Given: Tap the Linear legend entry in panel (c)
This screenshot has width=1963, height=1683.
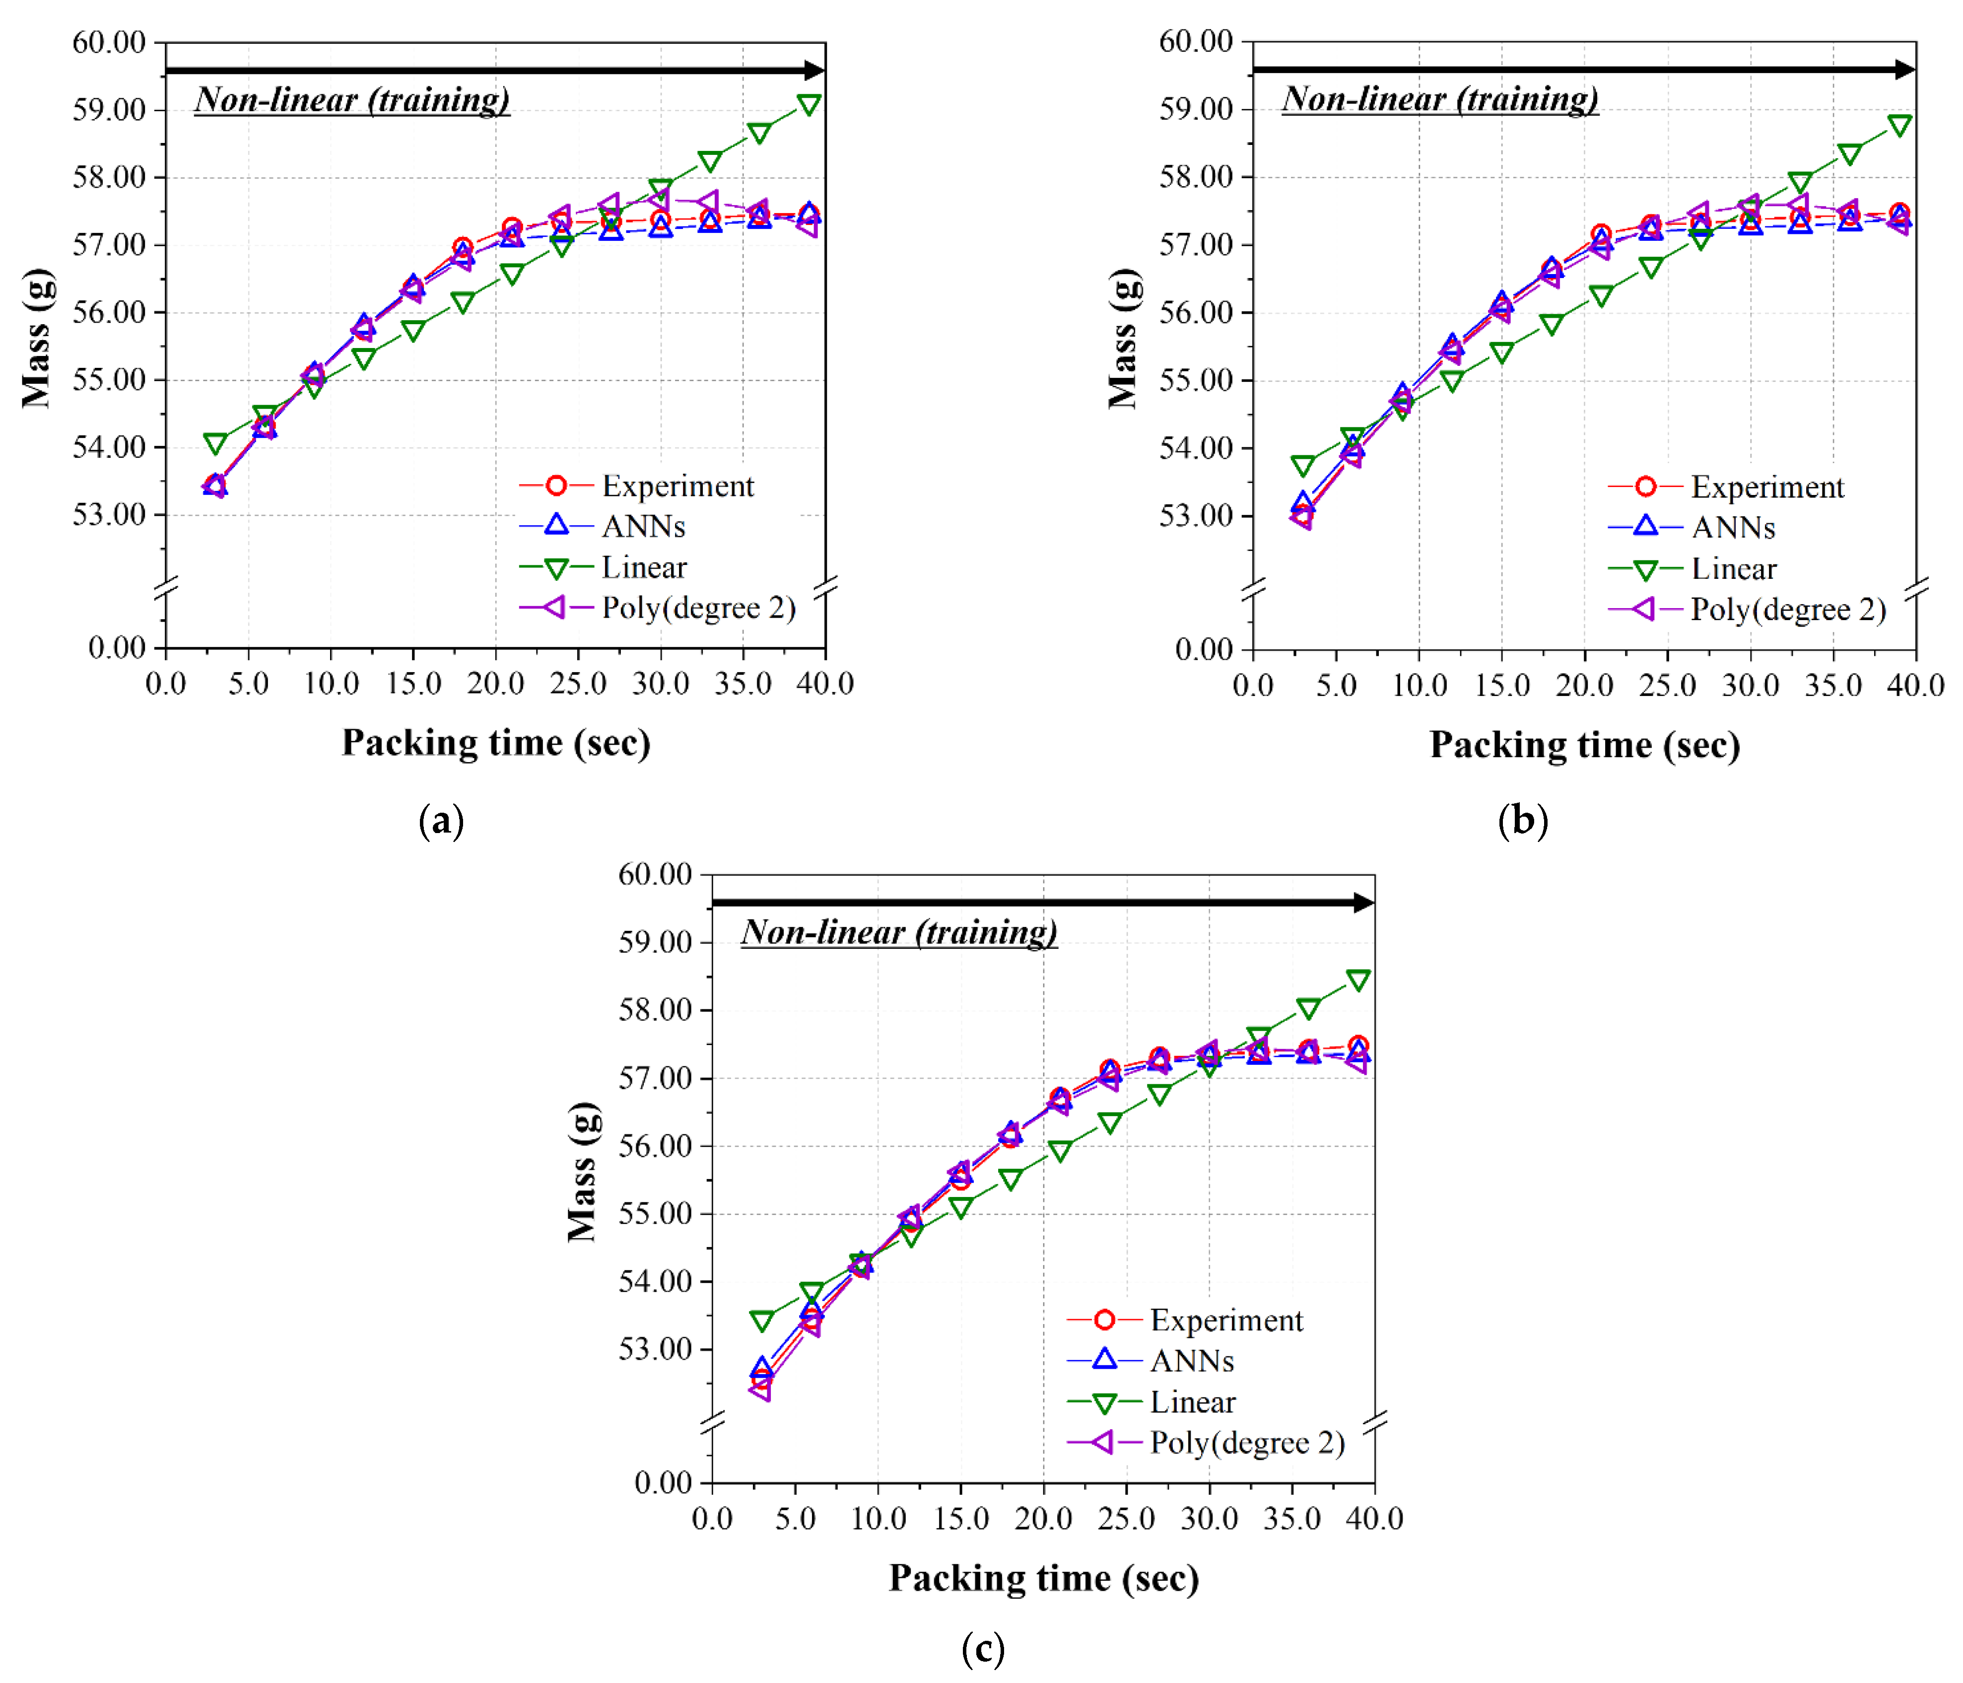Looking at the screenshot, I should [1192, 1402].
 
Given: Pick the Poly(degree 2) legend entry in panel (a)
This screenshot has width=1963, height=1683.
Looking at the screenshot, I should [698, 608].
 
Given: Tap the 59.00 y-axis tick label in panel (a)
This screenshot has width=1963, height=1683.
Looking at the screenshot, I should [109, 110].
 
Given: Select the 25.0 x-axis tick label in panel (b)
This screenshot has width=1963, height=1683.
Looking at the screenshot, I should [1667, 685].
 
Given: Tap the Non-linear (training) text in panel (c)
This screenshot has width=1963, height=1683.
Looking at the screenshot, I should [898, 931].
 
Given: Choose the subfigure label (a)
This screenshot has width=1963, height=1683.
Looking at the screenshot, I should [441, 821].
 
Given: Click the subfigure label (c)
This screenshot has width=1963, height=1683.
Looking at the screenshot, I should [982, 1649].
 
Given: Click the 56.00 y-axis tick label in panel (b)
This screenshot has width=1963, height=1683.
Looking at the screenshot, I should [1196, 313].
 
